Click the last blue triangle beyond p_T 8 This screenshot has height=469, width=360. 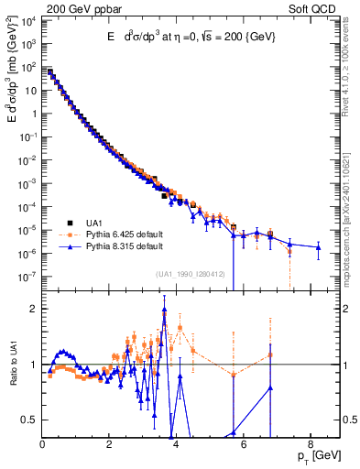318,247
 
